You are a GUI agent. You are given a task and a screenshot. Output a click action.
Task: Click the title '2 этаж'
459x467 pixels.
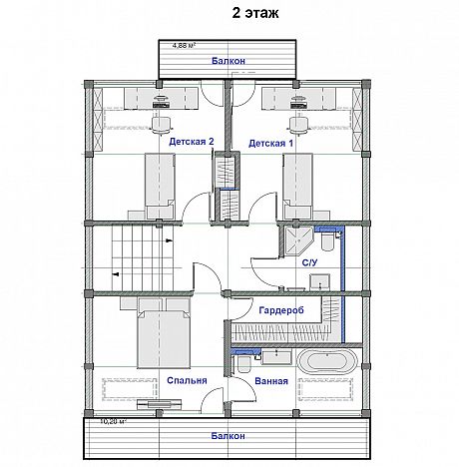click(255, 13)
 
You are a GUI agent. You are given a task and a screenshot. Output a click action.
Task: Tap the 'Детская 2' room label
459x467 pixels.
click(192, 142)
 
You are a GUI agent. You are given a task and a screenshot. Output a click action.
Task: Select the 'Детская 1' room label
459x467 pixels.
click(270, 143)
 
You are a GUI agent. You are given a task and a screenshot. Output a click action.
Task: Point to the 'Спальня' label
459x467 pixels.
click(187, 380)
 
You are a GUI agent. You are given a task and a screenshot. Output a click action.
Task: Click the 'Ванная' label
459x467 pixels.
click(271, 381)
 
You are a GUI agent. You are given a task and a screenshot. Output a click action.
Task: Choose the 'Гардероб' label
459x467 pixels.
click(281, 310)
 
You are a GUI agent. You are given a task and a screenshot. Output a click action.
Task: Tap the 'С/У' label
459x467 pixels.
click(309, 262)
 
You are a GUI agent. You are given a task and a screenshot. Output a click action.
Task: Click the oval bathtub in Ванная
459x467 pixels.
click(327, 361)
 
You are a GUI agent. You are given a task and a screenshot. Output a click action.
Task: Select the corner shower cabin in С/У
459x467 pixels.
click(298, 240)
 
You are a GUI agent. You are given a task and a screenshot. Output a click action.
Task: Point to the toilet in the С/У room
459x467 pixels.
click(327, 241)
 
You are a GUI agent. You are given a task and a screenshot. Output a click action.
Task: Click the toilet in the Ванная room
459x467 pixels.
click(244, 364)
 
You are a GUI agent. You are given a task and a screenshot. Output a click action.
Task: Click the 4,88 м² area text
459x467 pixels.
click(184, 45)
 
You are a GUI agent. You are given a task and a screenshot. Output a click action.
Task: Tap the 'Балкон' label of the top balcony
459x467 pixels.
click(229, 61)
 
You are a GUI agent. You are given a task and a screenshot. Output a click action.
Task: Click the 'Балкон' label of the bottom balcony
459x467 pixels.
click(229, 436)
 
